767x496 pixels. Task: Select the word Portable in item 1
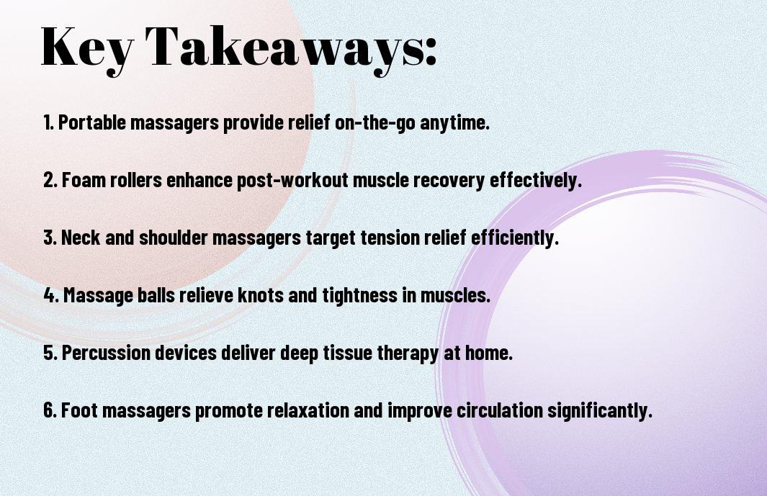click(x=92, y=122)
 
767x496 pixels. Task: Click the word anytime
click(x=454, y=123)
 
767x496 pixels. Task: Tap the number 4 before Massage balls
click(x=50, y=295)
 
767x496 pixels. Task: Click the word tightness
click(x=359, y=296)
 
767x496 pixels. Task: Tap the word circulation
click(x=499, y=410)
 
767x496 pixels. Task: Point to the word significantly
click(x=600, y=411)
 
